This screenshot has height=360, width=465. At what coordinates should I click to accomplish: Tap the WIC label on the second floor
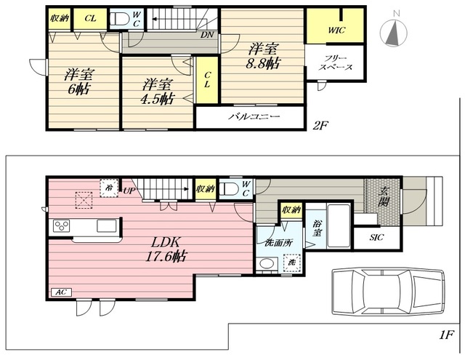tap(336, 31)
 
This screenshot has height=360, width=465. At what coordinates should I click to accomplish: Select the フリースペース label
tap(336, 63)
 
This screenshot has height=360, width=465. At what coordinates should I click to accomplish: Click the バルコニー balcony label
tap(254, 116)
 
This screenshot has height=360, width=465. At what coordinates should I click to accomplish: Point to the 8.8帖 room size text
tap(263, 63)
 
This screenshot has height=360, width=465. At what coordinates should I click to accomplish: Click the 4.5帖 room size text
tap(157, 99)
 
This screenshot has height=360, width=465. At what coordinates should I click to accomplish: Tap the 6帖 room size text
tap(79, 89)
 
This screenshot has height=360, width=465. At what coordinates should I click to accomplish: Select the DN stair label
tap(207, 35)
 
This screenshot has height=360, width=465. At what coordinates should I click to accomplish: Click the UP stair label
tap(129, 191)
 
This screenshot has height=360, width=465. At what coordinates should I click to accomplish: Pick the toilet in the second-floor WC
tap(119, 19)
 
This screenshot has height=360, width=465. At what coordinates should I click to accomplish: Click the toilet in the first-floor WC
tap(230, 189)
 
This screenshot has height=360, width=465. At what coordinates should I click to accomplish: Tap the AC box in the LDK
tap(61, 292)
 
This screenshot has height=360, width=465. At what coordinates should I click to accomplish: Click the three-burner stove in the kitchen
tap(61, 226)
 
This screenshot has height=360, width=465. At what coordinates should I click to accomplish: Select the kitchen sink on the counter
tap(107, 225)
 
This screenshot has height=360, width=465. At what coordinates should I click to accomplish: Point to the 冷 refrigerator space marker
tap(109, 188)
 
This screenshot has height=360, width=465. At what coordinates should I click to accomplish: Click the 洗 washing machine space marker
tap(292, 263)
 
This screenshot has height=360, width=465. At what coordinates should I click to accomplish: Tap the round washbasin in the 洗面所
tap(267, 263)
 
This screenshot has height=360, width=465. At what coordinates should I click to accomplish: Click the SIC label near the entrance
tap(376, 237)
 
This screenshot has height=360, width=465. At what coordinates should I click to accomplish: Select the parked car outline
tap(389, 292)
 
